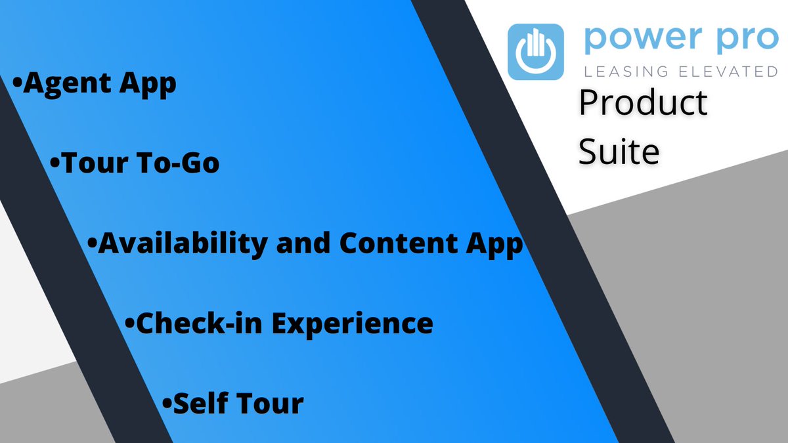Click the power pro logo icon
[536, 52]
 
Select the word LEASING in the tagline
[625, 71]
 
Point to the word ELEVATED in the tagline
[729, 71]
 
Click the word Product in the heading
[643, 104]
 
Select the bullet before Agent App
[17, 84]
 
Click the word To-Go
[179, 163]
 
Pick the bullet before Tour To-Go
[55, 163]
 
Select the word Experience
[353, 324]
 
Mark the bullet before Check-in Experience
[129, 323]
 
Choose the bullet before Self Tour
[167, 402]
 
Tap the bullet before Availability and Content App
[93, 243]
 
